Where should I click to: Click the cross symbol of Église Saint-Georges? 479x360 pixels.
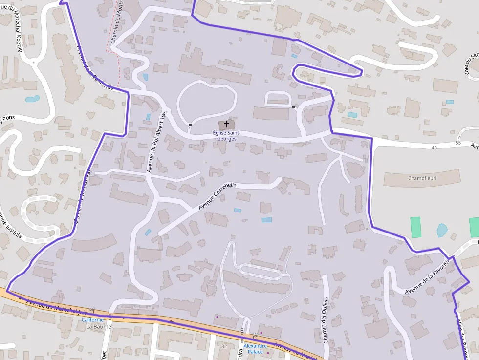226,125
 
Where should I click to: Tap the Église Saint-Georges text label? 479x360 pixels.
226,135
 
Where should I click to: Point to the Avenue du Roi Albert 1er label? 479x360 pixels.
156,142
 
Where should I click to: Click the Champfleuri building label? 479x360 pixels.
422,178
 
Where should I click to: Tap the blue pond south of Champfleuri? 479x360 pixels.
442,230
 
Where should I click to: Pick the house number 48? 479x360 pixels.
434,148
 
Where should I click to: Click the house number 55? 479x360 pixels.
458,143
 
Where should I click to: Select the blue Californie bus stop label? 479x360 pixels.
92,319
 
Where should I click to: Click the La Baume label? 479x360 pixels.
99,326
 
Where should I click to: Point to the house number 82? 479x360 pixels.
224,346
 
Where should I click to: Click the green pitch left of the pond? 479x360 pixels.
416,227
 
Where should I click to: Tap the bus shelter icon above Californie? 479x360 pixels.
92,311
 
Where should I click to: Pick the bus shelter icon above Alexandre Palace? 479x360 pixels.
255,337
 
